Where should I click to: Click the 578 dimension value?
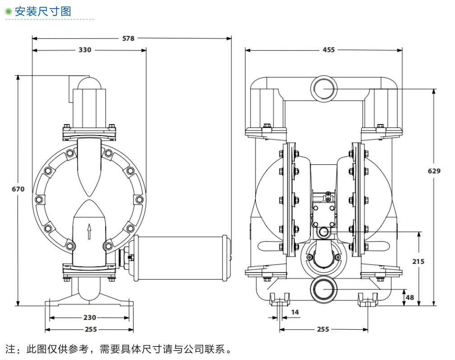click(129, 38)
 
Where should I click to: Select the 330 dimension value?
click(85, 50)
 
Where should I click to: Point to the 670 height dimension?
click(18, 189)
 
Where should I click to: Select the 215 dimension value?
click(418, 261)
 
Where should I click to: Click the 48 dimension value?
click(409, 297)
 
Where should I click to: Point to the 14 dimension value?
click(295, 312)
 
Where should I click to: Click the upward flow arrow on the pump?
click(89, 231)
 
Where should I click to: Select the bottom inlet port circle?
click(323, 289)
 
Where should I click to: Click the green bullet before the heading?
click(8, 12)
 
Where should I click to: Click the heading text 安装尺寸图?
click(43, 11)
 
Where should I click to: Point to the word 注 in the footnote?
click(10, 349)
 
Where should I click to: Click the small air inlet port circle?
click(323, 232)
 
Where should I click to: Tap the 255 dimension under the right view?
click(323, 329)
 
